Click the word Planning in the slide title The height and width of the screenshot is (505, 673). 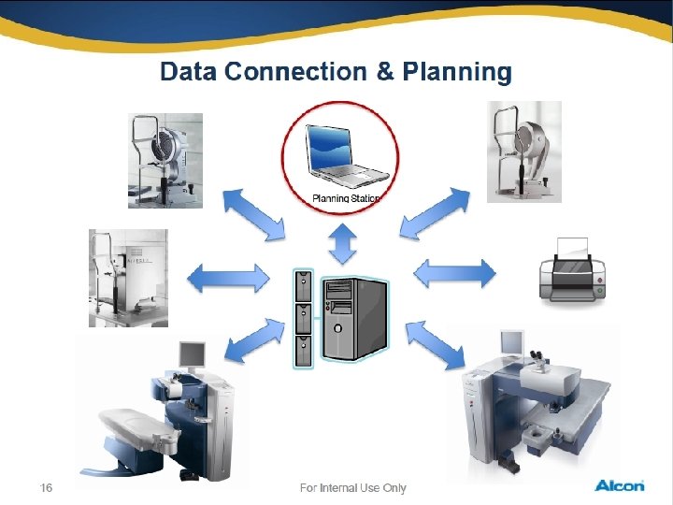(457, 72)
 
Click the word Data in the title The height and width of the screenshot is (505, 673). (190, 72)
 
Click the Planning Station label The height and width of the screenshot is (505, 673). (344, 198)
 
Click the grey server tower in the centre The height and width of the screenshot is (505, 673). (353, 318)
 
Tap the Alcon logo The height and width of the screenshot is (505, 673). (619, 485)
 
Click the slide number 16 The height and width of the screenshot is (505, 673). (46, 487)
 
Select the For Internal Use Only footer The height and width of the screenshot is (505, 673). (352, 487)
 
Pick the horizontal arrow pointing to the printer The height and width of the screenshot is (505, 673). (454, 273)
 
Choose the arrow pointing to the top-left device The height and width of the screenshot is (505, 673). (252, 214)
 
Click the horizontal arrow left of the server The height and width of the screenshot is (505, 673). (227, 277)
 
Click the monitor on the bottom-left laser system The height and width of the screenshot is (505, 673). (192, 353)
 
